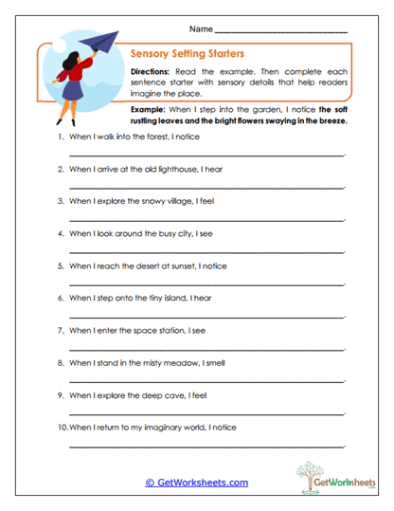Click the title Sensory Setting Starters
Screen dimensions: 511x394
coord(188,54)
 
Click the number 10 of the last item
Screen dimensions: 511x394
coord(62,427)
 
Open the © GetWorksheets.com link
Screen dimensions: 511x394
coord(196,483)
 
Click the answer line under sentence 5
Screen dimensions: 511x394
coord(207,282)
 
